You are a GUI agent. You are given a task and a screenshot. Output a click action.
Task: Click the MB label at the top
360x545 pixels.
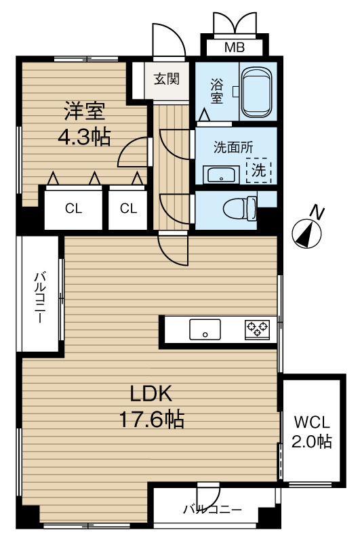click(x=235, y=47)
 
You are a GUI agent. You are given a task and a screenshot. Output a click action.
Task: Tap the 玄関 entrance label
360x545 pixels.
click(x=167, y=79)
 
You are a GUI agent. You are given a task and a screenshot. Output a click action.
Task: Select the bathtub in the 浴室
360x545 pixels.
click(x=257, y=92)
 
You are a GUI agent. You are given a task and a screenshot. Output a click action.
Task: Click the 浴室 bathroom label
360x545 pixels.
click(x=216, y=91)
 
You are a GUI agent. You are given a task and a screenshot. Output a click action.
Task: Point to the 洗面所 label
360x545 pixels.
click(x=233, y=147)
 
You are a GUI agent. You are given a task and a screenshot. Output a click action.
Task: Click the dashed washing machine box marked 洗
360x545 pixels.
click(x=258, y=170)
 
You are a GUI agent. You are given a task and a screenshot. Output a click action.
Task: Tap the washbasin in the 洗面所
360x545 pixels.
click(x=221, y=174)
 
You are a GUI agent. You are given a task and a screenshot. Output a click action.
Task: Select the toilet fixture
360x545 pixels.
click(x=240, y=209)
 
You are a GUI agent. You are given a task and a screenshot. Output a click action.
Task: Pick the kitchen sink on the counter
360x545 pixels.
click(x=205, y=329)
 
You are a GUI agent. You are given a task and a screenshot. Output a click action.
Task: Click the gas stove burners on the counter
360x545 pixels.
click(x=257, y=329)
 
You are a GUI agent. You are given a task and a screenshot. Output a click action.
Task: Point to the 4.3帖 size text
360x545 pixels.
click(x=85, y=137)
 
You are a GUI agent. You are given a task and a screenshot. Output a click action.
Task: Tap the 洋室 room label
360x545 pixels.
click(x=84, y=111)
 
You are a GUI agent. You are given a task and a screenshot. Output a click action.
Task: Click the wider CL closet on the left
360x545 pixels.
click(x=74, y=209)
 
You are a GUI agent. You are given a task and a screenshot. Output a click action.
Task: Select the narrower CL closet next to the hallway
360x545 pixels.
click(x=129, y=209)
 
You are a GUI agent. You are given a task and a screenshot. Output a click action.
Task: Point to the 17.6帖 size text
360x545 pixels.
click(x=151, y=419)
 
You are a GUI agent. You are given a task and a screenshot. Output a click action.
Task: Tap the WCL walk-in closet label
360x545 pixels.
click(x=312, y=422)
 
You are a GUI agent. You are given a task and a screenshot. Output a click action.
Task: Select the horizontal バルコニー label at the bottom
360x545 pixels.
click(x=213, y=510)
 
